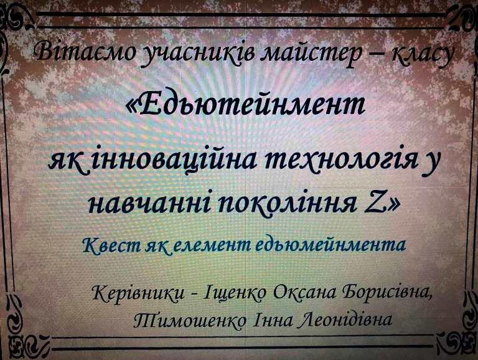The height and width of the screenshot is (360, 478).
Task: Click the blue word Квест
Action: pos(111,245)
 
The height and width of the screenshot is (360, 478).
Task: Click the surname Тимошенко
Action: pos(190,320)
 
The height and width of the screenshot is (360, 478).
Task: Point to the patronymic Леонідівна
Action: pos(345,319)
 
